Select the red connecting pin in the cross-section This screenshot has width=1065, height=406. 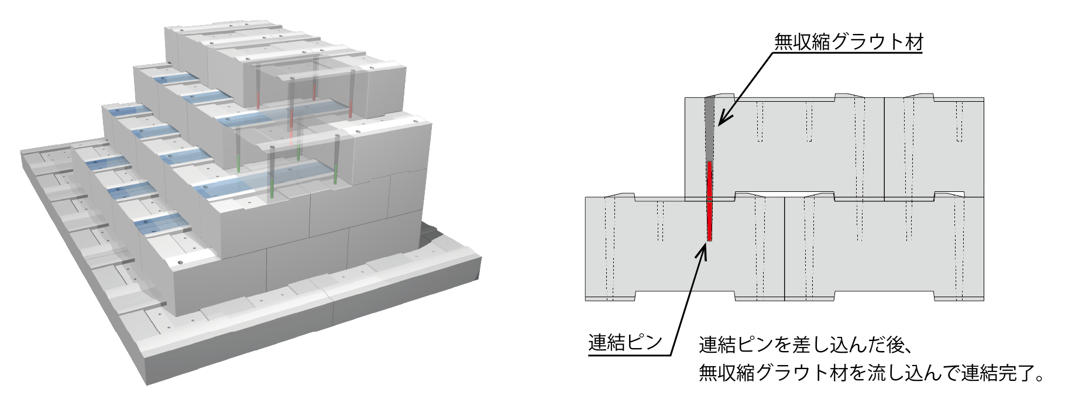pos(709,201)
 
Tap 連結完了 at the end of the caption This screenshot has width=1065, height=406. pos(995,373)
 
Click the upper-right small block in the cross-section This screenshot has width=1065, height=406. pos(934,146)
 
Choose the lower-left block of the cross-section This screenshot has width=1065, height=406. pos(685,249)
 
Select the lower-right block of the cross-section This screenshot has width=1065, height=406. pos(884,249)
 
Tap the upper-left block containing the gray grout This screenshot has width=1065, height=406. pos(785,146)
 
